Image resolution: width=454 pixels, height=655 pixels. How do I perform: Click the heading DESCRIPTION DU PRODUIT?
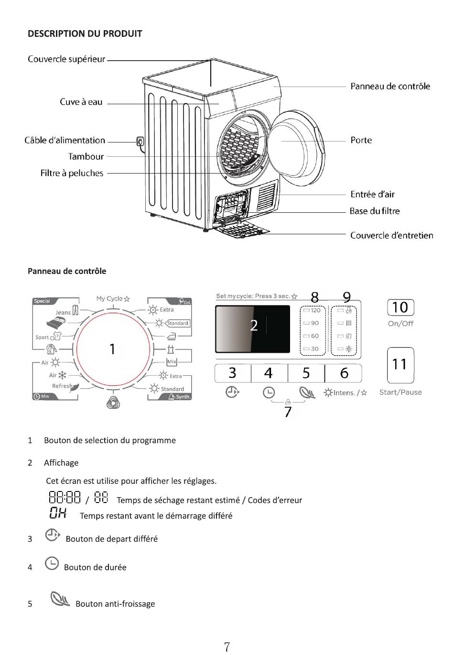[85, 33]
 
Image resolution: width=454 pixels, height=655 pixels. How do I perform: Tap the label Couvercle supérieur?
[66, 59]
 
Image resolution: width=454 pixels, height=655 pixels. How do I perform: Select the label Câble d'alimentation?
[65, 141]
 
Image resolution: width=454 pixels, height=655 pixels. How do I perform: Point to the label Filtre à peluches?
[72, 173]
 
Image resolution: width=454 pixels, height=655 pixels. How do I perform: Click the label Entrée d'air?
[372, 194]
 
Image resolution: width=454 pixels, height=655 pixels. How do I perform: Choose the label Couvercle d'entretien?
[392, 235]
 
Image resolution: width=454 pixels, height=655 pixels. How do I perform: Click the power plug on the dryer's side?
[141, 142]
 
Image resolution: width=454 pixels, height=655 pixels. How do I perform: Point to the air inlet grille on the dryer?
[267, 196]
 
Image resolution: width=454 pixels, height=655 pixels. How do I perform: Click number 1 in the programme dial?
[112, 349]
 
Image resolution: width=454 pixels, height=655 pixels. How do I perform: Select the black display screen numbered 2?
[253, 329]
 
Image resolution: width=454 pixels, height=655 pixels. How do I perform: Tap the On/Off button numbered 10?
[400, 307]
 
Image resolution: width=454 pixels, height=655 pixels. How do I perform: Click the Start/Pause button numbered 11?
[400, 365]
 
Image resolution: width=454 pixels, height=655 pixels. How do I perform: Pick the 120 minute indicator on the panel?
[312, 310]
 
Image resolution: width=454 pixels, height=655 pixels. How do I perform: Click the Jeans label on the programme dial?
[63, 312]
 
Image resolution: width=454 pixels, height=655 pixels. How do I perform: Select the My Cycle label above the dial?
[109, 298]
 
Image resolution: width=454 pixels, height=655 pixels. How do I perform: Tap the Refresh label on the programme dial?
[62, 386]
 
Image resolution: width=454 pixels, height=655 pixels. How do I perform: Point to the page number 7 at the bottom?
[227, 647]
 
